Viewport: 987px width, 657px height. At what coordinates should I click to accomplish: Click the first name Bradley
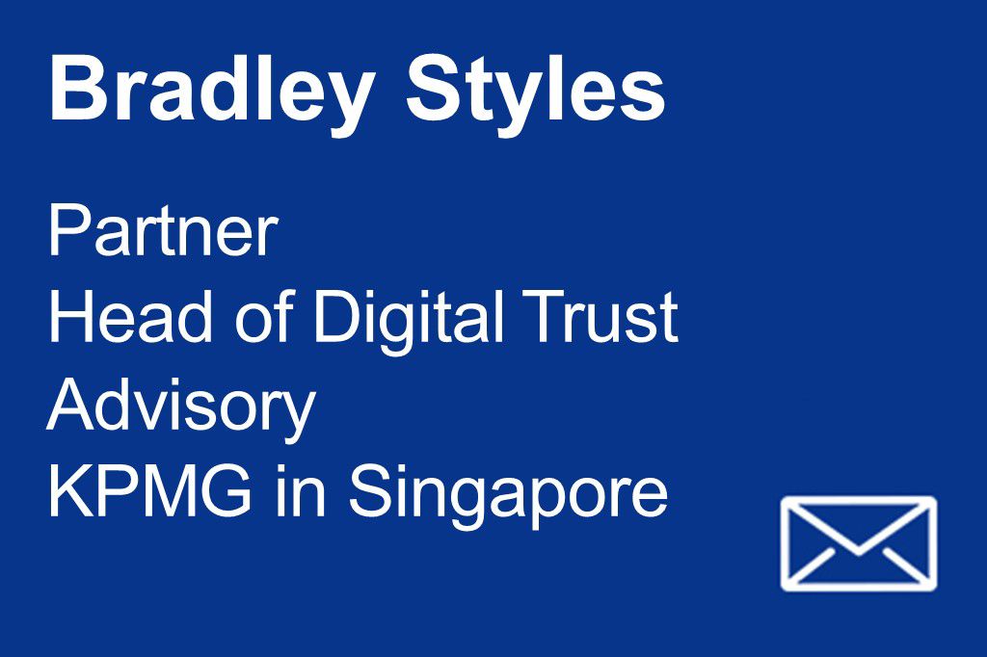[211, 94]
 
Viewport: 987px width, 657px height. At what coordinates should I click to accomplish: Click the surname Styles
[536, 94]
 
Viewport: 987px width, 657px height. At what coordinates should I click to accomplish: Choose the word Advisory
[181, 410]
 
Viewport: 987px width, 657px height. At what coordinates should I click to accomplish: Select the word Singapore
[508, 497]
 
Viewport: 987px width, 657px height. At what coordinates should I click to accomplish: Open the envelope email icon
[859, 544]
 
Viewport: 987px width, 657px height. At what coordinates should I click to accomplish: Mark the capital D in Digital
[337, 316]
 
